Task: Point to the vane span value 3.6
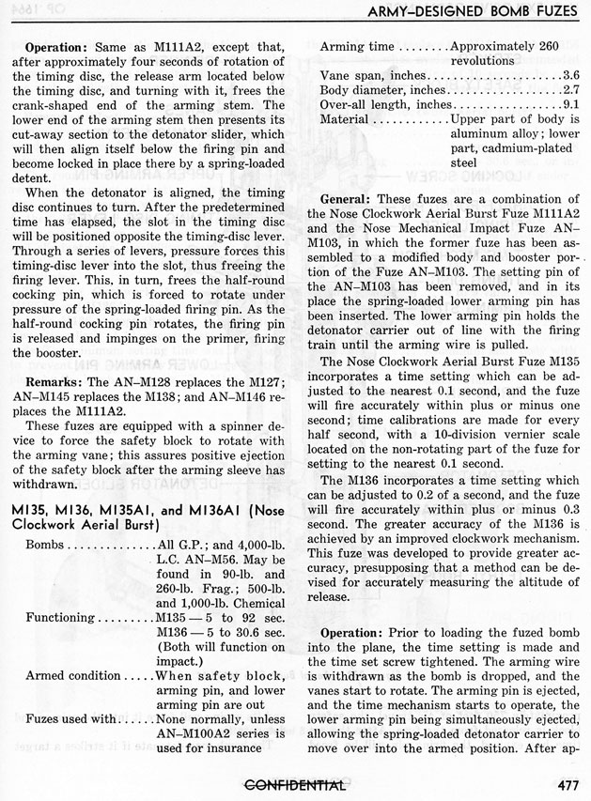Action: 571,75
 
